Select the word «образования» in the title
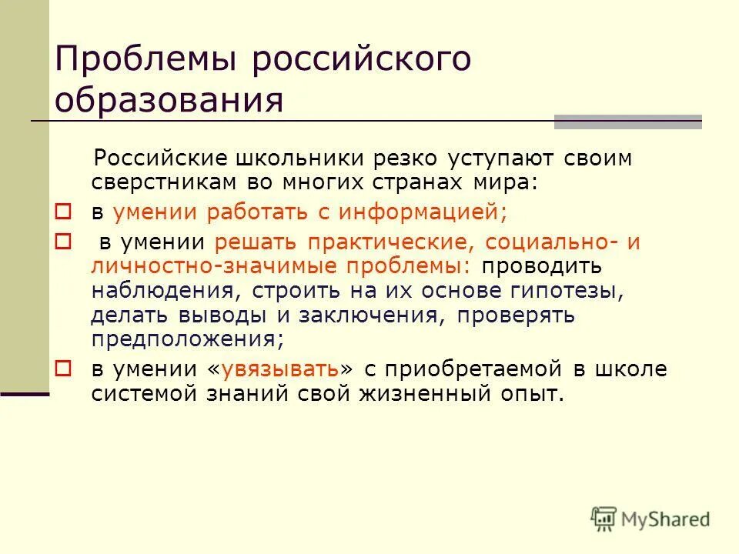point(169,100)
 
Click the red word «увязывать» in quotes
point(279,369)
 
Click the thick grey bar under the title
point(627,121)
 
